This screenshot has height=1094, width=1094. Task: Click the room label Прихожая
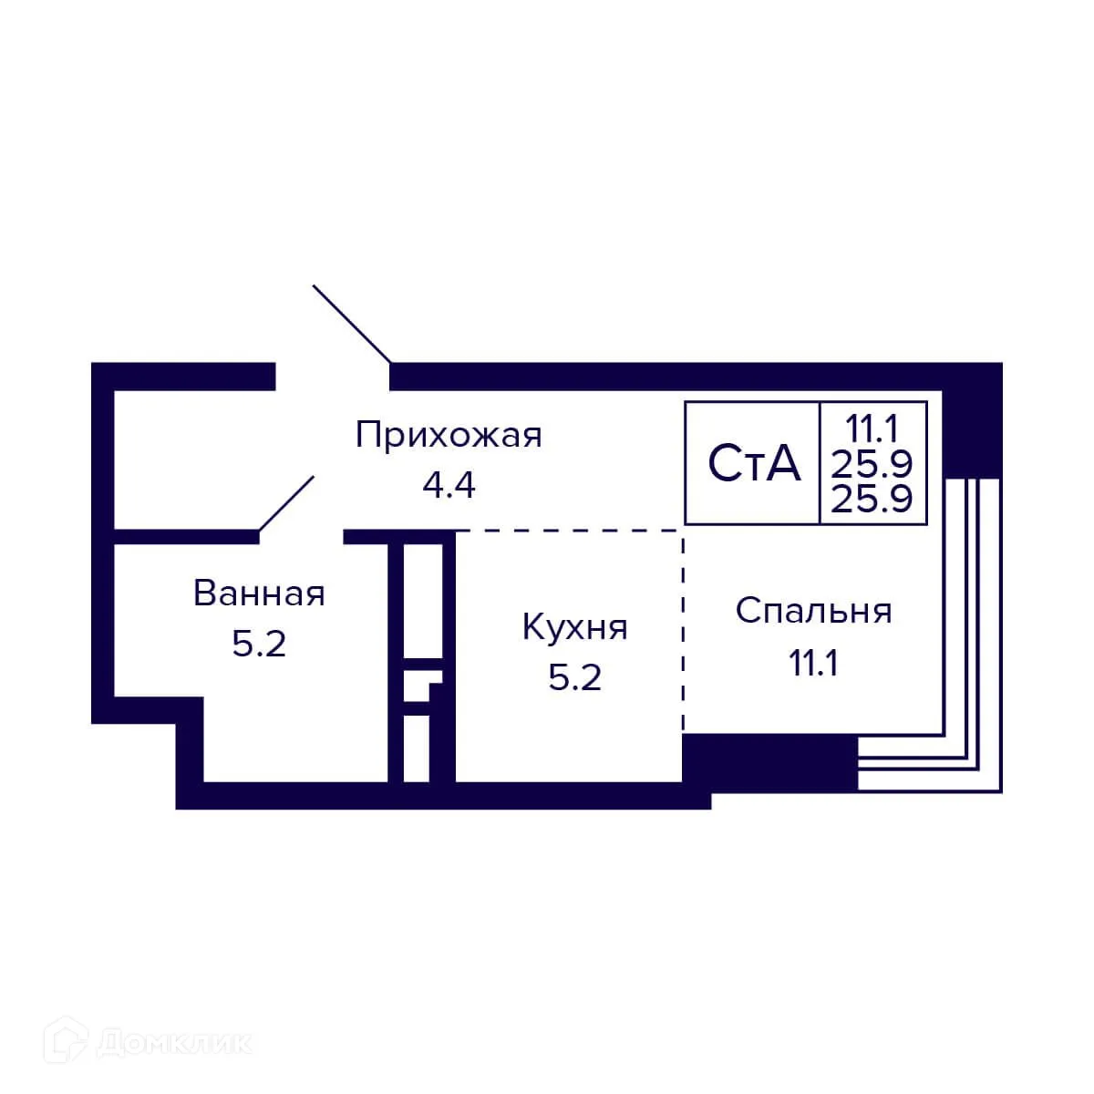449,435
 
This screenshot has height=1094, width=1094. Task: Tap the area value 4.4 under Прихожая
449,485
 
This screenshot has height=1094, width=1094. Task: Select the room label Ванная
259,593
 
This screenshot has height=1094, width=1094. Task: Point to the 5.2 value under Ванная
259,645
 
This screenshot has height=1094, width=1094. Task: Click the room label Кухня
574,627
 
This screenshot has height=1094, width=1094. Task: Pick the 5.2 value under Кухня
574,677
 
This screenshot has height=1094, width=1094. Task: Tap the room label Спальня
813,611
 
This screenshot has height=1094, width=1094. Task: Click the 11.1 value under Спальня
813,663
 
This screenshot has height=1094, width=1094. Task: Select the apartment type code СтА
754,464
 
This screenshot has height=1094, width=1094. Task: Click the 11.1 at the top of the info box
872,426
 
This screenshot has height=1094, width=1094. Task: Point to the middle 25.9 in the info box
872,463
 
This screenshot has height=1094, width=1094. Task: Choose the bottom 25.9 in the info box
872,500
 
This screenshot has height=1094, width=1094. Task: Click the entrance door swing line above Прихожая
352,324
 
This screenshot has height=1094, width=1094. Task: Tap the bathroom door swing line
287,502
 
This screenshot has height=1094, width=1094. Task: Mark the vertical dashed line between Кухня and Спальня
683,629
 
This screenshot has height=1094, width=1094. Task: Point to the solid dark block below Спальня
770,762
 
